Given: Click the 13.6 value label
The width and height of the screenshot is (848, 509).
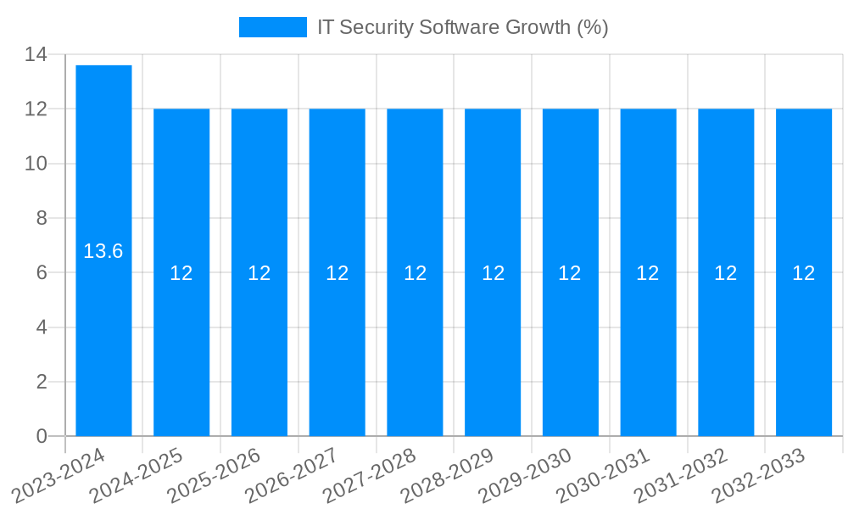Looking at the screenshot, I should point(103,251).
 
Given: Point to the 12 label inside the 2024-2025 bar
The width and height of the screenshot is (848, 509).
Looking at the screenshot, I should point(181,273).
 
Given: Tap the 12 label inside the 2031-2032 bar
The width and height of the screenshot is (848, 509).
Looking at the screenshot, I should point(726,273).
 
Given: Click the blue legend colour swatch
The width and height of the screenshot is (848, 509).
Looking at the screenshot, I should point(272,27).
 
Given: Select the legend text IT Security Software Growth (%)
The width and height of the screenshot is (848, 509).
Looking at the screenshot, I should point(462,27).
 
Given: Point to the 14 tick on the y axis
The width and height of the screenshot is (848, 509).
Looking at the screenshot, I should point(36,55).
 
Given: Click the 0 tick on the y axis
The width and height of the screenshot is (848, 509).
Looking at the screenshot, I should point(42,436).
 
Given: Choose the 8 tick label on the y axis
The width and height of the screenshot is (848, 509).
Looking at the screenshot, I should point(42,218).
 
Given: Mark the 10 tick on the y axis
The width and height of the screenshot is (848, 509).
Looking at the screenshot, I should point(36,164).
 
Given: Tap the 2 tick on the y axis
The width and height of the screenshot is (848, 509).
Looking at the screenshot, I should point(42,382).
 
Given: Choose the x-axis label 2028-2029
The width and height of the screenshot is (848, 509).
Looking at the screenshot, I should point(447,476).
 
